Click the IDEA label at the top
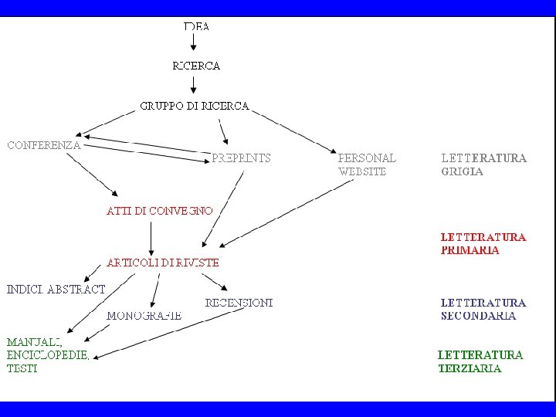pyautogui.click(x=196, y=26)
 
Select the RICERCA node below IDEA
pyautogui.click(x=196, y=66)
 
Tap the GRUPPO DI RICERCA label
pyautogui.click(x=195, y=106)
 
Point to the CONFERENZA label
pyautogui.click(x=44, y=144)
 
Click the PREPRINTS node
pyautogui.click(x=241, y=158)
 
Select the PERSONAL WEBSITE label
pyautogui.click(x=367, y=164)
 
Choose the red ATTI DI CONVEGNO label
pyautogui.click(x=159, y=210)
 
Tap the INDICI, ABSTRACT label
pyautogui.click(x=56, y=290)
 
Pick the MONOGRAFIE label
pyautogui.click(x=144, y=315)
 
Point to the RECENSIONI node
pyautogui.click(x=239, y=303)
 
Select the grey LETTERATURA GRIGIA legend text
pyautogui.click(x=483, y=164)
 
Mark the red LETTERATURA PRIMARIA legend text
pyautogui.click(x=483, y=243)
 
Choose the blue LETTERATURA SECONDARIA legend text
pyautogui.click(x=483, y=309)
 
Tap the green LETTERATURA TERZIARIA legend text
pyautogui.click(x=480, y=361)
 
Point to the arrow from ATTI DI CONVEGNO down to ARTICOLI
pyautogui.click(x=151, y=236)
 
